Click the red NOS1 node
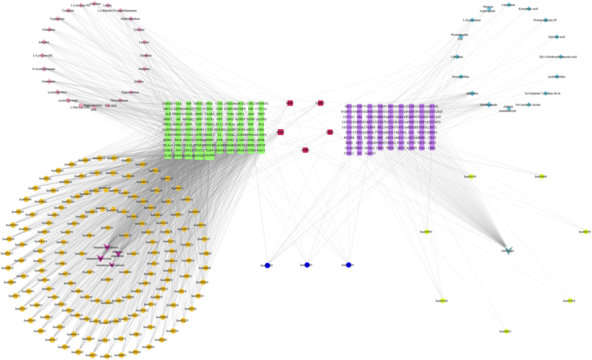[290, 103]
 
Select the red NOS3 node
[280, 132]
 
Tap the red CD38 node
[330, 132]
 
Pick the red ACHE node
[305, 150]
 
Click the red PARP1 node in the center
[320, 103]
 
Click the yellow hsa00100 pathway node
[471, 177]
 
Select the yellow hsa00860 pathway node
[542, 177]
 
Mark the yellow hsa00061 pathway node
[506, 331]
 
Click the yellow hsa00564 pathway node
[570, 301]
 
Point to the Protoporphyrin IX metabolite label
[545, 20]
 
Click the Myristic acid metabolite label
[557, 37]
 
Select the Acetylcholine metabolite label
[557, 77]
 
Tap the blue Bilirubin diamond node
[472, 94]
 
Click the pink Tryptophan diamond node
[57, 19]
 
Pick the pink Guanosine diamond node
[49, 81]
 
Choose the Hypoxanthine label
[130, 92]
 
